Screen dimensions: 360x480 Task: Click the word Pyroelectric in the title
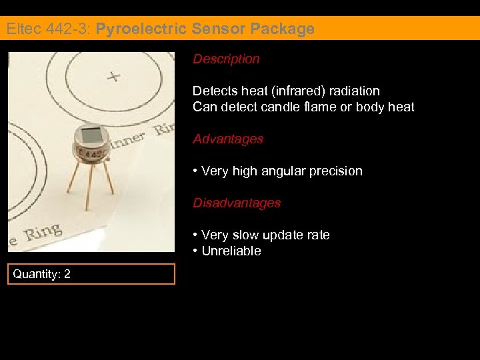(142, 29)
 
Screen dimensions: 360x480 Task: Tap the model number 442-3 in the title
(65, 29)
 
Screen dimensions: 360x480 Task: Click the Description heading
(226, 59)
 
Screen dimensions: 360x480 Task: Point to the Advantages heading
(228, 139)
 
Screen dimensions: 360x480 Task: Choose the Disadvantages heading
(237, 203)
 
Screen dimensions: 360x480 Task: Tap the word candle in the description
(285, 107)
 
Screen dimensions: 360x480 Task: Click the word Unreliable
(231, 251)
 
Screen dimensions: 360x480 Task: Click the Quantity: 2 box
(91, 274)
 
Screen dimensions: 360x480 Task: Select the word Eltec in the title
(21, 29)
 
